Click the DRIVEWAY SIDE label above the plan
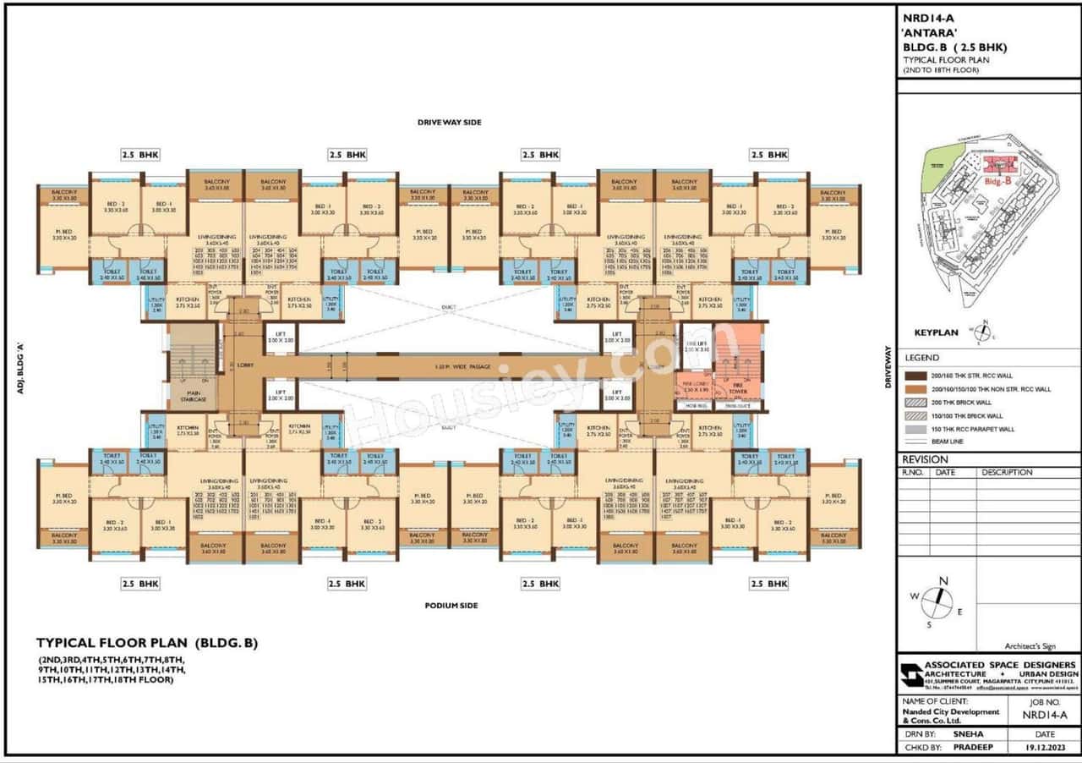pyautogui.click(x=449, y=123)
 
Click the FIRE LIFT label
pyautogui.click(x=697, y=344)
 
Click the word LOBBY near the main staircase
pyautogui.click(x=245, y=365)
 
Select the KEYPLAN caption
pyautogui.click(x=937, y=332)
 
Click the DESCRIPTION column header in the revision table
pyautogui.click(x=1007, y=473)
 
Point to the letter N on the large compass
pyautogui.click(x=943, y=580)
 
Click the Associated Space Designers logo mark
pyautogui.click(x=911, y=673)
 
